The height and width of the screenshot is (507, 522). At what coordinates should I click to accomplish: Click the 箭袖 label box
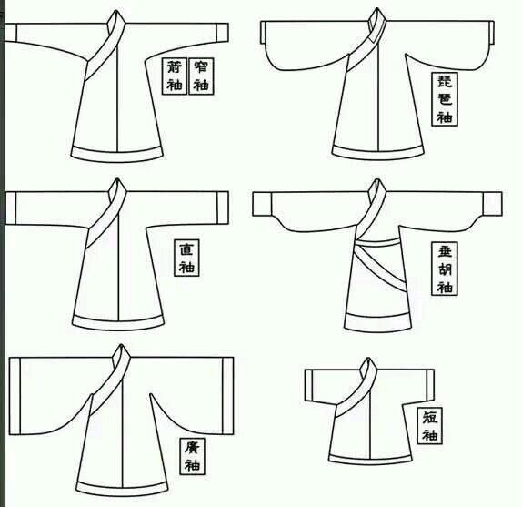175,76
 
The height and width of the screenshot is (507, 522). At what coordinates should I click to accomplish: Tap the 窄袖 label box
201,76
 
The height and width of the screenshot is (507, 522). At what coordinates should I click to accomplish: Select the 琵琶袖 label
445,99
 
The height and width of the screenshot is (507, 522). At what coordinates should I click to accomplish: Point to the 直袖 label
186,258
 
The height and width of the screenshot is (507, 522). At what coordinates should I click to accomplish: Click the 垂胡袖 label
445,269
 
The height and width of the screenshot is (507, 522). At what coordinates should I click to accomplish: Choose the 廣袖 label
193,456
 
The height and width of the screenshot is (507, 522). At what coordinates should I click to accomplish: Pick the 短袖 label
430,426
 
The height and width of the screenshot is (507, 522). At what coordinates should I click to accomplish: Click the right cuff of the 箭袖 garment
223,32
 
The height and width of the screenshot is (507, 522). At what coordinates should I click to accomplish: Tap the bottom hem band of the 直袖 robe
118,323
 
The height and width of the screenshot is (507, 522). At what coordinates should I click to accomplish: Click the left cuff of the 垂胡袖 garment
262,204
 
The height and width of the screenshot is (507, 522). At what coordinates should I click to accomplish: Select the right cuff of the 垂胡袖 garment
492,204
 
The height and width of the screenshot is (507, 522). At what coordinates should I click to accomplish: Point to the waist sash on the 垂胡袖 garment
377,242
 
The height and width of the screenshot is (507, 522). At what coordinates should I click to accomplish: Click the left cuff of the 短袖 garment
309,385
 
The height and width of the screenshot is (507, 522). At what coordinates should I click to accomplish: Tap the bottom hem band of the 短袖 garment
369,460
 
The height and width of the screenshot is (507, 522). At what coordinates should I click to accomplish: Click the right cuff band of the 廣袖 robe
228,396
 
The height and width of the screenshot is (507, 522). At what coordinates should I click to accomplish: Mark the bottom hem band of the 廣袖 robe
122,489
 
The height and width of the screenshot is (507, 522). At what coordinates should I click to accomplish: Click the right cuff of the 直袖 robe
223,208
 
